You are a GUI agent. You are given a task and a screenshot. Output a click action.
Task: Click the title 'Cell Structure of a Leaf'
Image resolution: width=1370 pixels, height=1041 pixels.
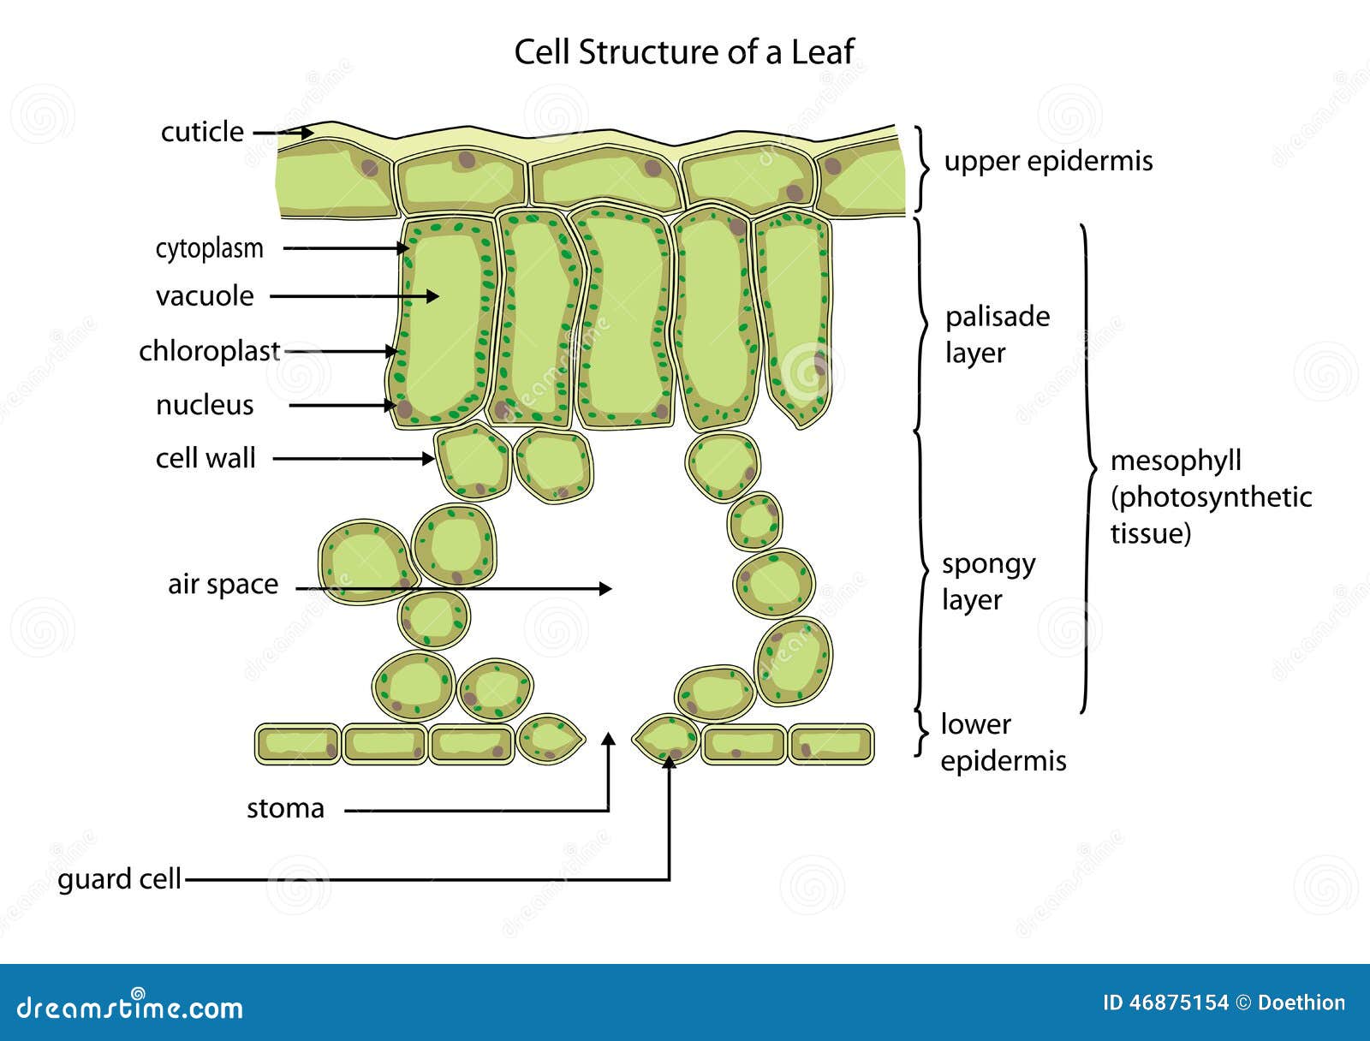point(683,52)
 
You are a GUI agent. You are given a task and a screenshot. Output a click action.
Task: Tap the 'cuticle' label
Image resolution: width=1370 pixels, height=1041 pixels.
point(202,132)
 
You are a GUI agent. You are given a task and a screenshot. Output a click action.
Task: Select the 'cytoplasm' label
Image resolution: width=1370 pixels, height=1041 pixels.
point(209,248)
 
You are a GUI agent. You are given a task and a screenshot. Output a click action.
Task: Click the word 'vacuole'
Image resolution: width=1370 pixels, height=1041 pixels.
point(205,296)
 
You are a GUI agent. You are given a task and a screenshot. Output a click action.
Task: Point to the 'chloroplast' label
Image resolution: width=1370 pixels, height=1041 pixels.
point(209,351)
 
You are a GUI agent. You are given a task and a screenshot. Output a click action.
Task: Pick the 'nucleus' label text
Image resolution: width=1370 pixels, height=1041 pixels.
point(205,405)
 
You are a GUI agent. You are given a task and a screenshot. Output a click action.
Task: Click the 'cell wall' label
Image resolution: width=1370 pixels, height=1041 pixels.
point(205,458)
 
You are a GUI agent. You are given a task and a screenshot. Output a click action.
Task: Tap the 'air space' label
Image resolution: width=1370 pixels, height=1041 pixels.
point(223,584)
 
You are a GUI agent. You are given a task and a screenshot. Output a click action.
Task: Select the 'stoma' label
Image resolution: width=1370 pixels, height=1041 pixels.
point(285,808)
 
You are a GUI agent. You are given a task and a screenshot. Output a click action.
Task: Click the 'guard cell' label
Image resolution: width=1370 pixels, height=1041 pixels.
point(119,879)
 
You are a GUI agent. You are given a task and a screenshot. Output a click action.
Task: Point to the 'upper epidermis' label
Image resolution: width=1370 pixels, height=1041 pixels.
point(1048,161)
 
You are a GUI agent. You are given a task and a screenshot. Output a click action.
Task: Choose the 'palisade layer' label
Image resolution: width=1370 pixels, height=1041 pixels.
point(997,335)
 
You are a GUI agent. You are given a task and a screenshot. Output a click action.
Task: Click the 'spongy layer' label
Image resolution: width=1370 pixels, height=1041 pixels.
point(988,582)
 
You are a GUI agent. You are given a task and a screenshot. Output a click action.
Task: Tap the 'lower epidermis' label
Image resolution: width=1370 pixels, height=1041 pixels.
point(1003,742)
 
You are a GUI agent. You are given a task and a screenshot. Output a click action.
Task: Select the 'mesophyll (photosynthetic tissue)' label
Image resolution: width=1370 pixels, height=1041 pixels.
point(1210,497)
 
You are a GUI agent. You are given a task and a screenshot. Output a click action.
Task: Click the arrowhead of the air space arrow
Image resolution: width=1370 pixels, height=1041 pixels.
point(606,588)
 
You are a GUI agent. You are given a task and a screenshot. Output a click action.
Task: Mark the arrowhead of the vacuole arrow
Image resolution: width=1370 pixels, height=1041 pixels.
point(433,296)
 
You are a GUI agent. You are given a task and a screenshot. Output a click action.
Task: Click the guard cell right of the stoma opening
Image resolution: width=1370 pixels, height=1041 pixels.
point(665,738)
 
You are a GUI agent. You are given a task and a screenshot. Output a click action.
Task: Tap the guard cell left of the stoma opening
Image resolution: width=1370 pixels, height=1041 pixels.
point(551,738)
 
